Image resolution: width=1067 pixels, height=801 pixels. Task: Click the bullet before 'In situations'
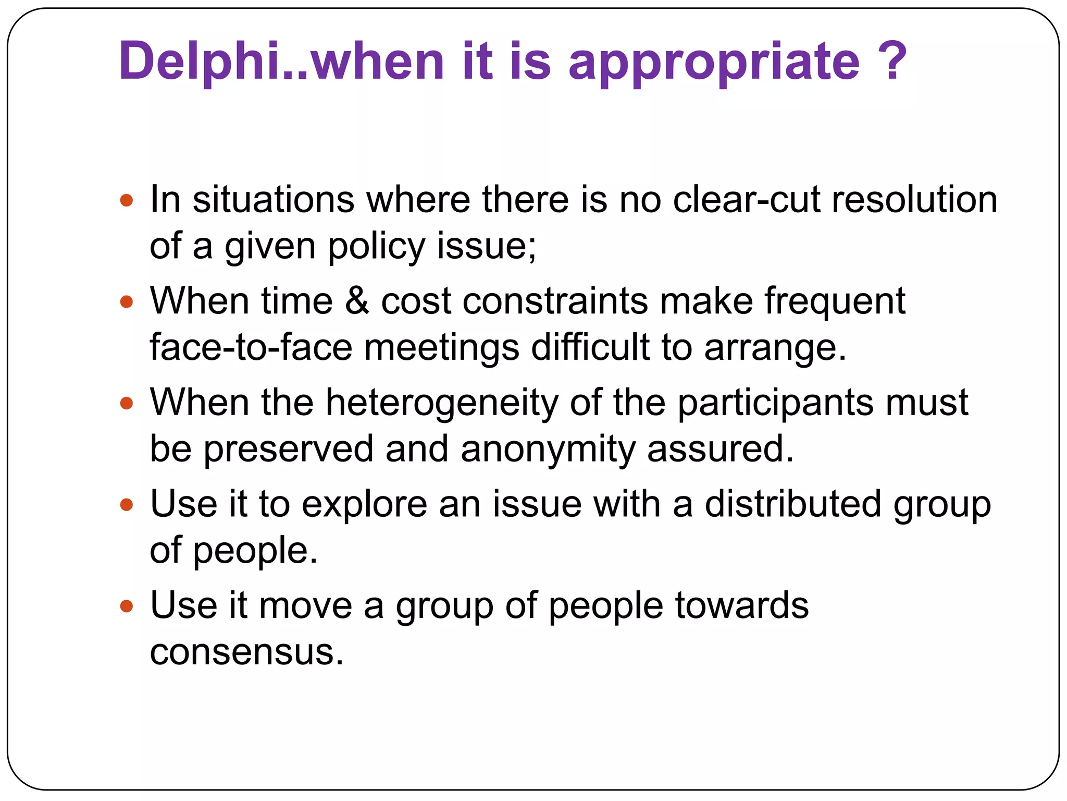coord(127,200)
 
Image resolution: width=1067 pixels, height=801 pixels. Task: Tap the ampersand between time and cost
coord(357,301)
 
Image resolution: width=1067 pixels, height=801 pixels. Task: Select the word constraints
coord(555,301)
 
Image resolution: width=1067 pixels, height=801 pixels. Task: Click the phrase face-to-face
coord(251,348)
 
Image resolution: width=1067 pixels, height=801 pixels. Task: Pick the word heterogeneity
coord(442,404)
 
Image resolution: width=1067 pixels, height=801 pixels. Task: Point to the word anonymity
coord(548,449)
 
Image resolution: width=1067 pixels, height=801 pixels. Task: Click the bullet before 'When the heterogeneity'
coord(127,403)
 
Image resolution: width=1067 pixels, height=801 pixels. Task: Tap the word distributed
coord(793,504)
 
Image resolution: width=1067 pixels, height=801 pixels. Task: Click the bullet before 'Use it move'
coord(127,606)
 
